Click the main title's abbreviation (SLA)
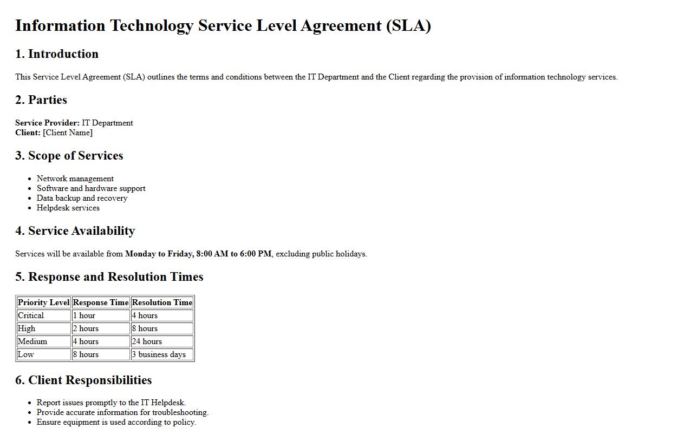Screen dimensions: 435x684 pyautogui.click(x=408, y=26)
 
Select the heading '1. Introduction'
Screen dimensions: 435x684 pyautogui.click(x=57, y=54)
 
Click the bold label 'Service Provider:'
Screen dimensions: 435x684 pyautogui.click(x=47, y=123)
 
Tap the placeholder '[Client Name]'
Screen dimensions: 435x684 pyautogui.click(x=68, y=133)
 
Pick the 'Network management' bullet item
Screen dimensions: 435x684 pyautogui.click(x=75, y=179)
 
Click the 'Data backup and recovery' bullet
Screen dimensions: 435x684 pyautogui.click(x=82, y=198)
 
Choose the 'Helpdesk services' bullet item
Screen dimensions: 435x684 pyautogui.click(x=68, y=208)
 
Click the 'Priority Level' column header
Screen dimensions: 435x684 pyautogui.click(x=44, y=302)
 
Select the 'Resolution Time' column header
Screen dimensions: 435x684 pyautogui.click(x=162, y=302)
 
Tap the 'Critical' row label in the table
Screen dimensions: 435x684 pyautogui.click(x=31, y=315)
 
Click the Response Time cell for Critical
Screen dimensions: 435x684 pyautogui.click(x=84, y=315)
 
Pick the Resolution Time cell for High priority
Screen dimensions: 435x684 pyautogui.click(x=145, y=328)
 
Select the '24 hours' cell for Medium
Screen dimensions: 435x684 pyautogui.click(x=147, y=341)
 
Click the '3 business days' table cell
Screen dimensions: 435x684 pyautogui.click(x=159, y=354)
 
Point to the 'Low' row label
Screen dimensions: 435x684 pyautogui.click(x=26, y=354)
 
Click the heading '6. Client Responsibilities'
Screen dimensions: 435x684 pyautogui.click(x=83, y=380)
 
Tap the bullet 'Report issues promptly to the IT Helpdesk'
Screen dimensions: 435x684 pyautogui.click(x=111, y=403)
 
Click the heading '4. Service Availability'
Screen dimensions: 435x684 pyautogui.click(x=75, y=231)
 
